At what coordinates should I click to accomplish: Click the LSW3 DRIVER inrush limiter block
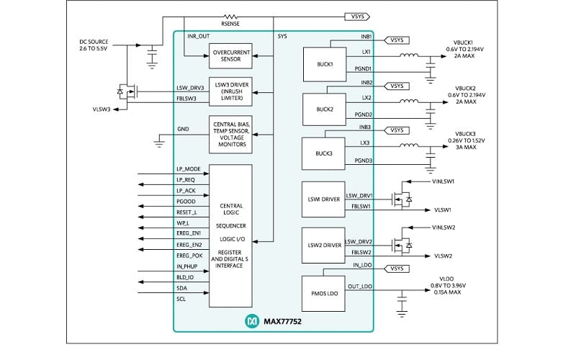pos(230,94)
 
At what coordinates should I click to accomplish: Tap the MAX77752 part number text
pos(283,319)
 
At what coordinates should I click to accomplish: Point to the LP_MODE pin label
pos(189,168)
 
